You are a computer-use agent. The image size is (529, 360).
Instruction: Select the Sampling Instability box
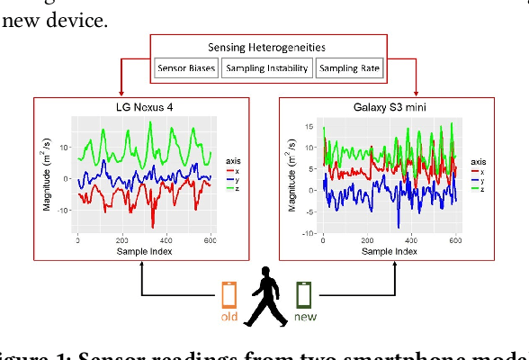tap(266, 68)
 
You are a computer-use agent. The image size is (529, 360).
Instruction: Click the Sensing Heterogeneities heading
tap(266, 47)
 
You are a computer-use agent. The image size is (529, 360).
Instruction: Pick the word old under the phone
tap(229, 317)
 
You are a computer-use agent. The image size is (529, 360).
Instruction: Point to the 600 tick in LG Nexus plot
tap(211, 240)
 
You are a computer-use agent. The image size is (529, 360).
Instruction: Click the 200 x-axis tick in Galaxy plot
tap(367, 240)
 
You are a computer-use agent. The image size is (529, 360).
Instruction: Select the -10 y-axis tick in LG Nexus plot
tap(63, 211)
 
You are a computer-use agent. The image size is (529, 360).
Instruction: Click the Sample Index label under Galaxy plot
tap(390, 252)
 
